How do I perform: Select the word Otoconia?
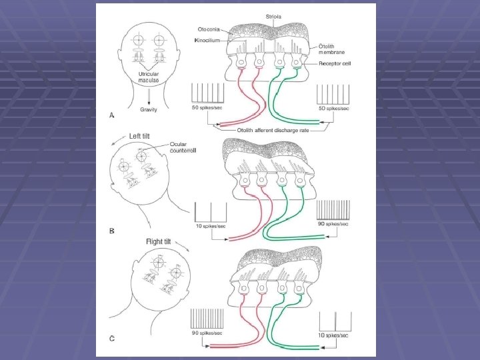click(211, 29)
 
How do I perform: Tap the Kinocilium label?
click(209, 41)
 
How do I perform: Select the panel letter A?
click(111, 115)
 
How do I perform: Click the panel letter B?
click(111, 231)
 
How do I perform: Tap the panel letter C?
click(111, 339)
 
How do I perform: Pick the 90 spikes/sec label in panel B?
click(332, 225)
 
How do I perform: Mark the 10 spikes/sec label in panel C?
click(334, 336)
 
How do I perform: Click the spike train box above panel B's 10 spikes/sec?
click(211, 212)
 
